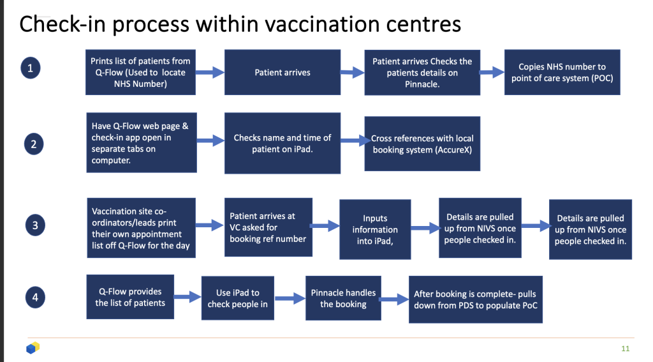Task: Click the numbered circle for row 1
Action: click(31, 68)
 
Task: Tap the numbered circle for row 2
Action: click(33, 145)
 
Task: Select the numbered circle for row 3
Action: click(34, 225)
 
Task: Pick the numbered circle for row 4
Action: click(34, 297)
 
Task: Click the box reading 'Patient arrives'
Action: click(282, 73)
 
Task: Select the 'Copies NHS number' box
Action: click(562, 73)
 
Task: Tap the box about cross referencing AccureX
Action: click(422, 144)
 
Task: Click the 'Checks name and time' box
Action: click(282, 143)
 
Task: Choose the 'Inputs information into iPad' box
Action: click(375, 229)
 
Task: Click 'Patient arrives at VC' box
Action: click(268, 227)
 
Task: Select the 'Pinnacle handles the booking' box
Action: click(343, 298)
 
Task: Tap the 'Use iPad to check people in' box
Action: click(238, 298)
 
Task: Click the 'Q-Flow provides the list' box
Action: click(130, 297)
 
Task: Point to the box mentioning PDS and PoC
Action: click(475, 299)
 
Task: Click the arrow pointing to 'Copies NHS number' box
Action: click(491, 73)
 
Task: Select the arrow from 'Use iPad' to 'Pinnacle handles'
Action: click(290, 298)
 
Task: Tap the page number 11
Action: click(625, 349)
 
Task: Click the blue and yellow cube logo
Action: click(33, 348)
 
